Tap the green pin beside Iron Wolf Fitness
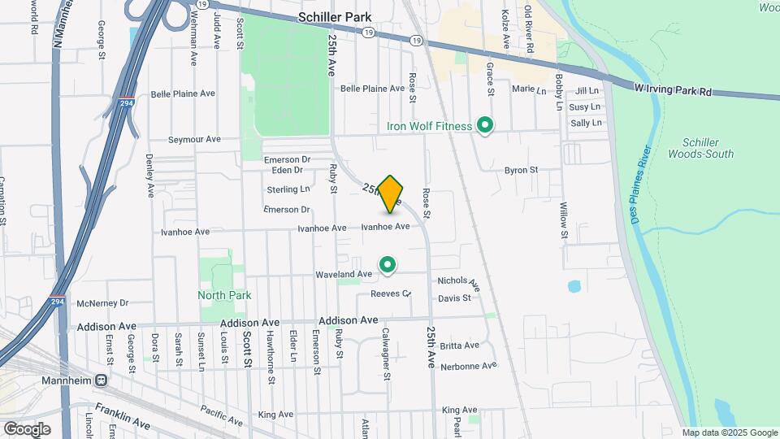[x=485, y=126]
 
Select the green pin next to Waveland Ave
[x=388, y=264]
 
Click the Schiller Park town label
[x=335, y=16]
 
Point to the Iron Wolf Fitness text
[x=428, y=126]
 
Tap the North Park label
[x=224, y=295]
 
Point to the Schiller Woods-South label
[x=700, y=148]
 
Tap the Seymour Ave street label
[x=194, y=139]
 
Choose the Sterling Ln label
[x=288, y=189]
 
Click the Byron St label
[x=522, y=170]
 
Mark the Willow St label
[x=563, y=219]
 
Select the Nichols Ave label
[x=459, y=283]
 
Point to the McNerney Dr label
[x=102, y=303]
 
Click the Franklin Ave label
[x=123, y=415]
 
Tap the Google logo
[x=27, y=428]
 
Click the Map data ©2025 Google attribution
[x=730, y=432]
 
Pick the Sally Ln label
[x=586, y=123]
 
